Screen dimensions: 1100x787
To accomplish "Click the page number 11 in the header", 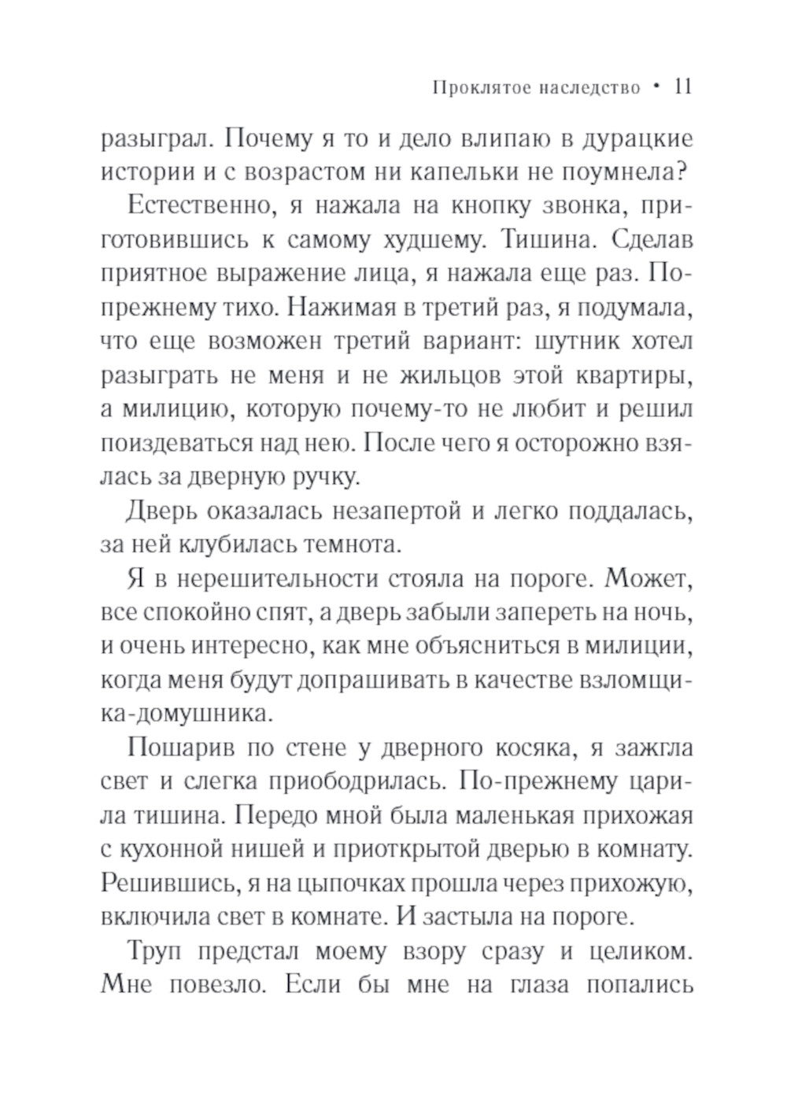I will coord(682,86).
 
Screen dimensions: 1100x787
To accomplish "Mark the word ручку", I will coord(328,476).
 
